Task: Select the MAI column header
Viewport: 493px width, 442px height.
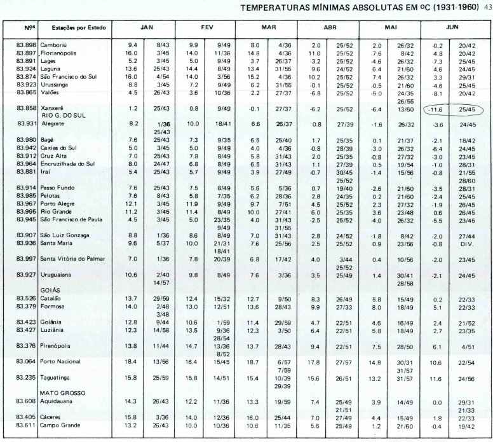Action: pyautogui.click(x=389, y=29)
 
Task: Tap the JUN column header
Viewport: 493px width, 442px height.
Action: pyautogui.click(x=452, y=29)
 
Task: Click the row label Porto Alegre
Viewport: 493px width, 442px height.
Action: pyautogui.click(x=60, y=204)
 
